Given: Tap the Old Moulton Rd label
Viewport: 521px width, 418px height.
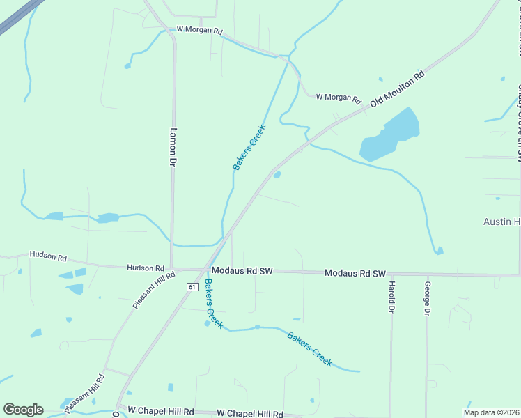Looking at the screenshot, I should [x=398, y=88].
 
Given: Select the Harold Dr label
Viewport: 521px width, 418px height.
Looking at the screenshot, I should [x=392, y=297].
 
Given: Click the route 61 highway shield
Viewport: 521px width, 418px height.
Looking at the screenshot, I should [x=192, y=286].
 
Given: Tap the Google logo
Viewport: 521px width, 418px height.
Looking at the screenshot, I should [x=23, y=410].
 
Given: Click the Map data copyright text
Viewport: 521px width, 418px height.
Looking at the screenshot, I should [x=491, y=412].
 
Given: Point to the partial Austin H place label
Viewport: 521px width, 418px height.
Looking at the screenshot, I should [x=501, y=222].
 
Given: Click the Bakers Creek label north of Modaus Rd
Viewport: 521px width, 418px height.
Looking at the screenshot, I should [x=249, y=147].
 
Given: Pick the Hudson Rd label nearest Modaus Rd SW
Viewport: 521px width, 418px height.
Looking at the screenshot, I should [x=145, y=268].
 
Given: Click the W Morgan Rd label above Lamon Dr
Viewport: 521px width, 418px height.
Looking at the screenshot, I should [x=199, y=31].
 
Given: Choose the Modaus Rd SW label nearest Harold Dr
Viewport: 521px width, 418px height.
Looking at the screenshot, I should [x=355, y=274].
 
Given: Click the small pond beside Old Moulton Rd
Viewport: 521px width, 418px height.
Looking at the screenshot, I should [x=277, y=174].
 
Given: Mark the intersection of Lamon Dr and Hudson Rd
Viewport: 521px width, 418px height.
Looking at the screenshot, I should [x=173, y=268].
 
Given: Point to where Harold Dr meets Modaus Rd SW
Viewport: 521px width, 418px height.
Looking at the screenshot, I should [x=391, y=274].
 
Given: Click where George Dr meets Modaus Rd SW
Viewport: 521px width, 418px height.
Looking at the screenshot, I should [x=426, y=274].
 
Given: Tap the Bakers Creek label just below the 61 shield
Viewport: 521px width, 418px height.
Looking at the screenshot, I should [x=213, y=304].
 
